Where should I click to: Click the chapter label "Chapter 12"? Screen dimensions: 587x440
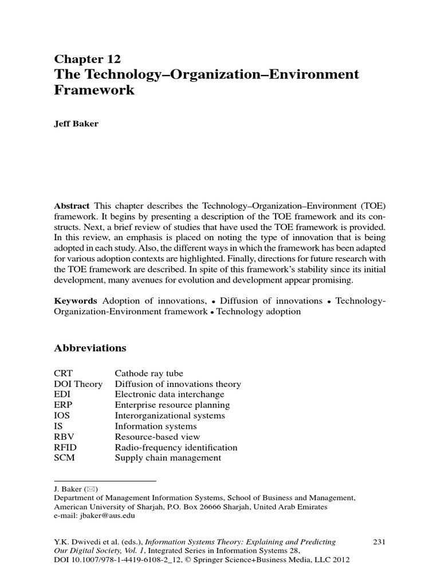[x=88, y=59]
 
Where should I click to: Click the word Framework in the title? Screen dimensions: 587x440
[x=94, y=90]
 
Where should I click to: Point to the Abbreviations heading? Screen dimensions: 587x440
[x=90, y=348]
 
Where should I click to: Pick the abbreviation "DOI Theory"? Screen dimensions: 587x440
[x=78, y=384]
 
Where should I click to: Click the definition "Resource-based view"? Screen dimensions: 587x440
[x=156, y=437]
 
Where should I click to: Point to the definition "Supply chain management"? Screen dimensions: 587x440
[x=168, y=458]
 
